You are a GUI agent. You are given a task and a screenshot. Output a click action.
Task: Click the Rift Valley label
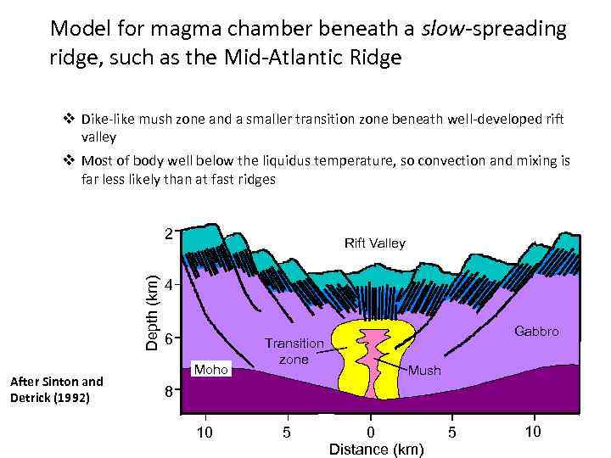[x=375, y=243]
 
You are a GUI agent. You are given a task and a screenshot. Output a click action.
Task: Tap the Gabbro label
[x=536, y=331]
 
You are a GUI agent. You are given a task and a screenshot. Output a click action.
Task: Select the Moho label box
[x=211, y=370]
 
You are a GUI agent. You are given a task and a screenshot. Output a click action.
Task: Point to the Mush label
[x=424, y=371]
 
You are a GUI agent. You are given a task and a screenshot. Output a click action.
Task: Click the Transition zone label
[x=294, y=351]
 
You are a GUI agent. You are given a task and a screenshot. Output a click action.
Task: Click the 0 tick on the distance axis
[x=370, y=433]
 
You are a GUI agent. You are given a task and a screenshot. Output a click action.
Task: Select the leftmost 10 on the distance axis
[x=205, y=433]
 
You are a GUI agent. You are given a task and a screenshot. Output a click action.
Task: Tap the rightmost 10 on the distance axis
[x=532, y=433]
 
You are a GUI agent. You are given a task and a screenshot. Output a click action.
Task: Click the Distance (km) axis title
[x=376, y=449]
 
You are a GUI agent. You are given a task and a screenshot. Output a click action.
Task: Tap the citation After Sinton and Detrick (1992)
[x=56, y=389]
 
